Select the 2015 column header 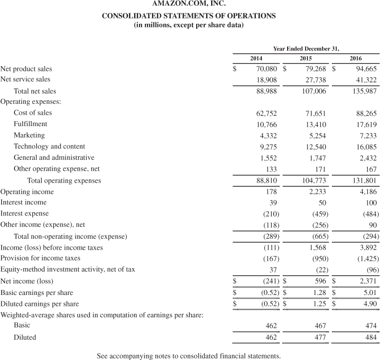click(x=306, y=59)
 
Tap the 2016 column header click(x=356, y=59)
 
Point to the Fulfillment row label click(x=30, y=124)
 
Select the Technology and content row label click(x=49, y=146)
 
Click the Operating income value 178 click(x=271, y=192)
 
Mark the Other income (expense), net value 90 click(x=374, y=225)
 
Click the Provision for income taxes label click(x=40, y=258)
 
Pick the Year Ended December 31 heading click(x=306, y=48)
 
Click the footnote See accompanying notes click(x=189, y=356)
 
